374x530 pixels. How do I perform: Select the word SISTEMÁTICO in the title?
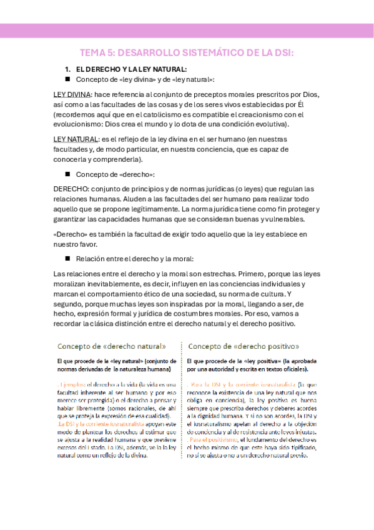click(209, 53)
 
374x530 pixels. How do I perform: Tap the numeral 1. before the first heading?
click(69, 69)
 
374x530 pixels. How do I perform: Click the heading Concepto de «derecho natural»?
click(112, 346)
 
